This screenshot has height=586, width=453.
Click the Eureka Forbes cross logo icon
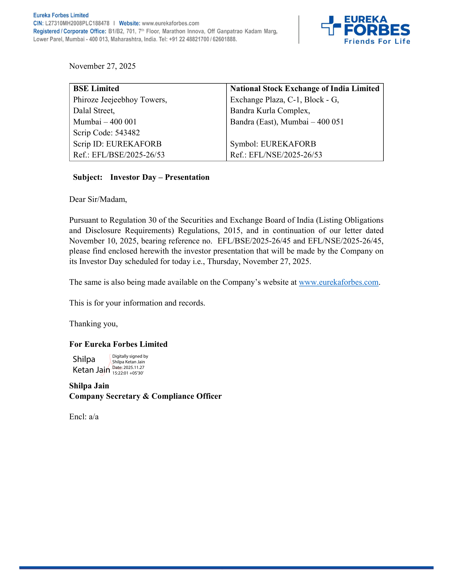[331, 26]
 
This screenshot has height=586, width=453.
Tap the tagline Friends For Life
[377, 41]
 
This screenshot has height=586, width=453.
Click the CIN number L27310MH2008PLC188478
[77, 23]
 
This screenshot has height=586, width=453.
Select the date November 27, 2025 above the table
[102, 66]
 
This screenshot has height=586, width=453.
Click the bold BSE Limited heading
[96, 88]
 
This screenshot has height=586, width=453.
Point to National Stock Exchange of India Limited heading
[305, 88]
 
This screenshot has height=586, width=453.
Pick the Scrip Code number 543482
[127, 133]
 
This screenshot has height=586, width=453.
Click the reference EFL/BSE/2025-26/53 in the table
[128, 155]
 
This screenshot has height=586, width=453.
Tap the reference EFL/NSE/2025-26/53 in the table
[285, 155]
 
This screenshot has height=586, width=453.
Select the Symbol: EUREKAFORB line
[273, 144]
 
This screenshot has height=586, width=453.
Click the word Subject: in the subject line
[88, 177]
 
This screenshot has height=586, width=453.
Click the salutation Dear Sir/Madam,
[98, 199]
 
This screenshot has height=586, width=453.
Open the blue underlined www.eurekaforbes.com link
[338, 282]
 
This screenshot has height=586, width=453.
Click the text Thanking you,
[93, 324]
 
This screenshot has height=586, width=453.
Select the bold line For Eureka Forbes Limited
[118, 344]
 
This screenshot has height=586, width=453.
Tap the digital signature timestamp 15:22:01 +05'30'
[128, 373]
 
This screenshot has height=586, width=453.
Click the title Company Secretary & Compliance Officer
[145, 396]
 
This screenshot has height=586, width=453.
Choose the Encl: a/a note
[84, 417]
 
